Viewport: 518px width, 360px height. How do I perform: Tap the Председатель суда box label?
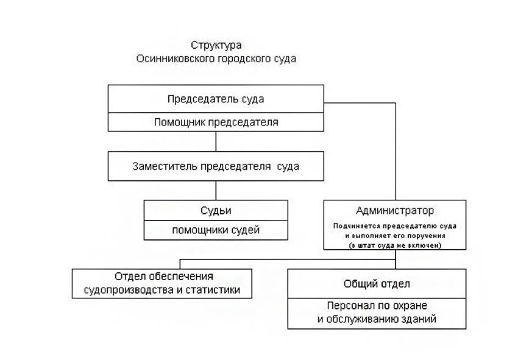point(216,99)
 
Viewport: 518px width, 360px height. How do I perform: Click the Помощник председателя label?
point(216,122)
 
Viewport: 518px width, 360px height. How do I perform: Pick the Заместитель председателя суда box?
point(216,166)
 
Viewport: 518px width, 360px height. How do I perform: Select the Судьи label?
point(216,211)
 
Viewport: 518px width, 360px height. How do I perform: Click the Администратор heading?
point(395,211)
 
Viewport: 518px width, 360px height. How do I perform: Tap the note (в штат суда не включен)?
point(395,245)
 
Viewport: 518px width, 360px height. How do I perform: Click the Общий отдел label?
point(377,284)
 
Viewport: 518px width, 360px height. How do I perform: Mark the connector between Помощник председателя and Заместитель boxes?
point(216,141)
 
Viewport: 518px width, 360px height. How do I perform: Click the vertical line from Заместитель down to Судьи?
point(216,190)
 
